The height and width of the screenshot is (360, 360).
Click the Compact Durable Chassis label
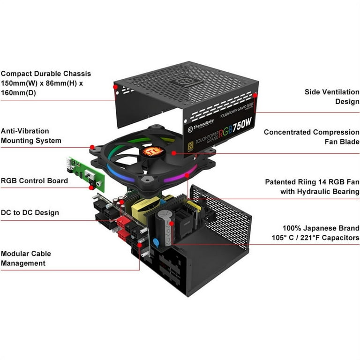click(46, 83)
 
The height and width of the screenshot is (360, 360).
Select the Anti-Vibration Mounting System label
click(31, 135)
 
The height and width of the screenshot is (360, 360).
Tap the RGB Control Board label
click(34, 180)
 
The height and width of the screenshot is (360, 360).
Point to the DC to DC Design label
click(30, 212)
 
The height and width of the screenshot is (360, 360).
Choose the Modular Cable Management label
click(26, 258)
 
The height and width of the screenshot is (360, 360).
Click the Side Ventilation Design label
click(332, 97)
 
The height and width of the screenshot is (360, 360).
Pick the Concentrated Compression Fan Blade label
click(311, 137)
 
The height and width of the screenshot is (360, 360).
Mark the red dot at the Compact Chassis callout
click(115, 87)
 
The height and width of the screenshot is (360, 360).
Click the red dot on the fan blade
click(174, 152)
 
